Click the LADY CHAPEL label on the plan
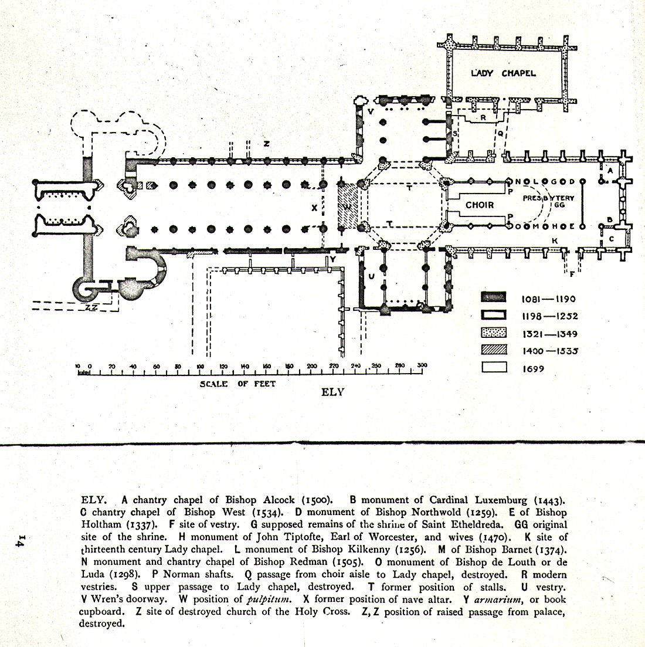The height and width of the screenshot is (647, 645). click(503, 73)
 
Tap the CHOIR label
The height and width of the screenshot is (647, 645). click(480, 205)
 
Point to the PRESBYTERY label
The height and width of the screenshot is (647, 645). click(549, 198)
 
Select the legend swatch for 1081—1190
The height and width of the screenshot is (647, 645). click(493, 298)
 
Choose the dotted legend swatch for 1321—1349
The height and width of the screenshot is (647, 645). click(493, 333)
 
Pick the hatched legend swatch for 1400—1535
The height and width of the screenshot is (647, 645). click(493, 351)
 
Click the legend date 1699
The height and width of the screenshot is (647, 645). click(533, 369)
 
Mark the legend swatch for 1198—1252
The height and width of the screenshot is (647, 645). click(493, 316)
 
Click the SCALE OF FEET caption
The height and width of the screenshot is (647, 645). click(237, 384)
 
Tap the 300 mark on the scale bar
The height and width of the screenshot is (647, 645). click(422, 366)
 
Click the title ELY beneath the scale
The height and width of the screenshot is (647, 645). click(332, 392)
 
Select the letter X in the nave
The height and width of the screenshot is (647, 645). click(314, 207)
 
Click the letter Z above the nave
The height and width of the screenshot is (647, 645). click(266, 143)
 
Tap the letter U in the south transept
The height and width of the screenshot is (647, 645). click(371, 276)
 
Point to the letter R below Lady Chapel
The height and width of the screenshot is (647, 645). click(483, 117)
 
